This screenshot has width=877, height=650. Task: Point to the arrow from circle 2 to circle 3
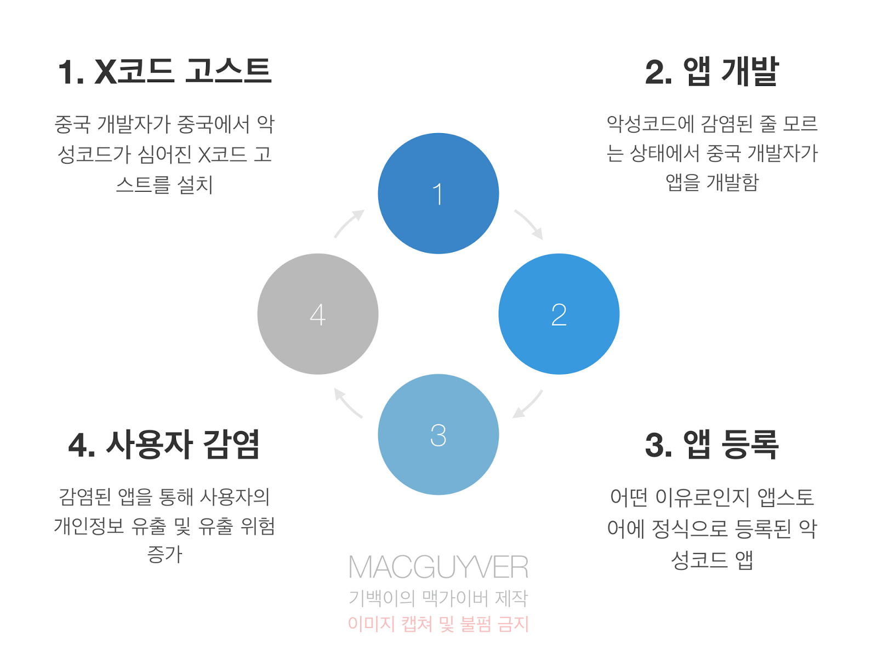click(527, 404)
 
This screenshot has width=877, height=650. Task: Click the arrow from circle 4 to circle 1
click(349, 223)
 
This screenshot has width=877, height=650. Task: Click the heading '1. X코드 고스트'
click(164, 71)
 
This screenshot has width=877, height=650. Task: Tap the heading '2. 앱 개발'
click(711, 71)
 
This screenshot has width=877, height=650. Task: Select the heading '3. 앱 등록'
click(711, 444)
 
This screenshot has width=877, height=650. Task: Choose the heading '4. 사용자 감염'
click(164, 444)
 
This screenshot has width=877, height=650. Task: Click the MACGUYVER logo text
click(438, 567)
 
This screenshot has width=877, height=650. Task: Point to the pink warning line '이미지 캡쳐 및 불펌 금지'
click(438, 624)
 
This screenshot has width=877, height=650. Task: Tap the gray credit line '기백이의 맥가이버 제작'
click(438, 597)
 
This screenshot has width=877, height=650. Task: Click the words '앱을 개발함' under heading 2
click(711, 182)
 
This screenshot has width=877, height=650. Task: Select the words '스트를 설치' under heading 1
click(164, 184)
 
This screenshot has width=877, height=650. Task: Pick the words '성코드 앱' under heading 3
click(711, 560)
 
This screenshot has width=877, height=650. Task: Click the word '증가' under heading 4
click(164, 554)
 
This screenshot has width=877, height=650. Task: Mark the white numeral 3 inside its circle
click(438, 435)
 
